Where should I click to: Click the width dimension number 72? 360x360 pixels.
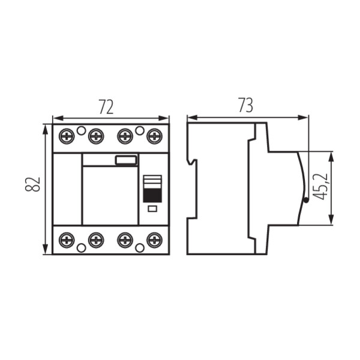[x=106, y=107]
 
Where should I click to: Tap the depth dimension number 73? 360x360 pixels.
[x=245, y=106]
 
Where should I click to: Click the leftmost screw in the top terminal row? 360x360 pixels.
[x=67, y=137]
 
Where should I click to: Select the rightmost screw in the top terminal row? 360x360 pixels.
[x=155, y=137]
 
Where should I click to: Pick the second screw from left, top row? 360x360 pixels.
[x=96, y=137]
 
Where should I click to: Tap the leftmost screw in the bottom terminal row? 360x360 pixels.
[x=67, y=241]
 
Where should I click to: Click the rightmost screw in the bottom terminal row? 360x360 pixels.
[x=155, y=241]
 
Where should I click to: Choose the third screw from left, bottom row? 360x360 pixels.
[x=125, y=241]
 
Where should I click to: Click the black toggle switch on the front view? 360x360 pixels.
[x=152, y=194]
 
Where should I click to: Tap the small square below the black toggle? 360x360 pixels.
[x=152, y=208]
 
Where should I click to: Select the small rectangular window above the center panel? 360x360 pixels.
[x=126, y=160]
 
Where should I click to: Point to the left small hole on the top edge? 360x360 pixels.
[x=82, y=130]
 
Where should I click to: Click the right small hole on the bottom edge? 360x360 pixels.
[x=140, y=247]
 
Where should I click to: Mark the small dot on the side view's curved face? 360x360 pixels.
[x=305, y=201]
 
